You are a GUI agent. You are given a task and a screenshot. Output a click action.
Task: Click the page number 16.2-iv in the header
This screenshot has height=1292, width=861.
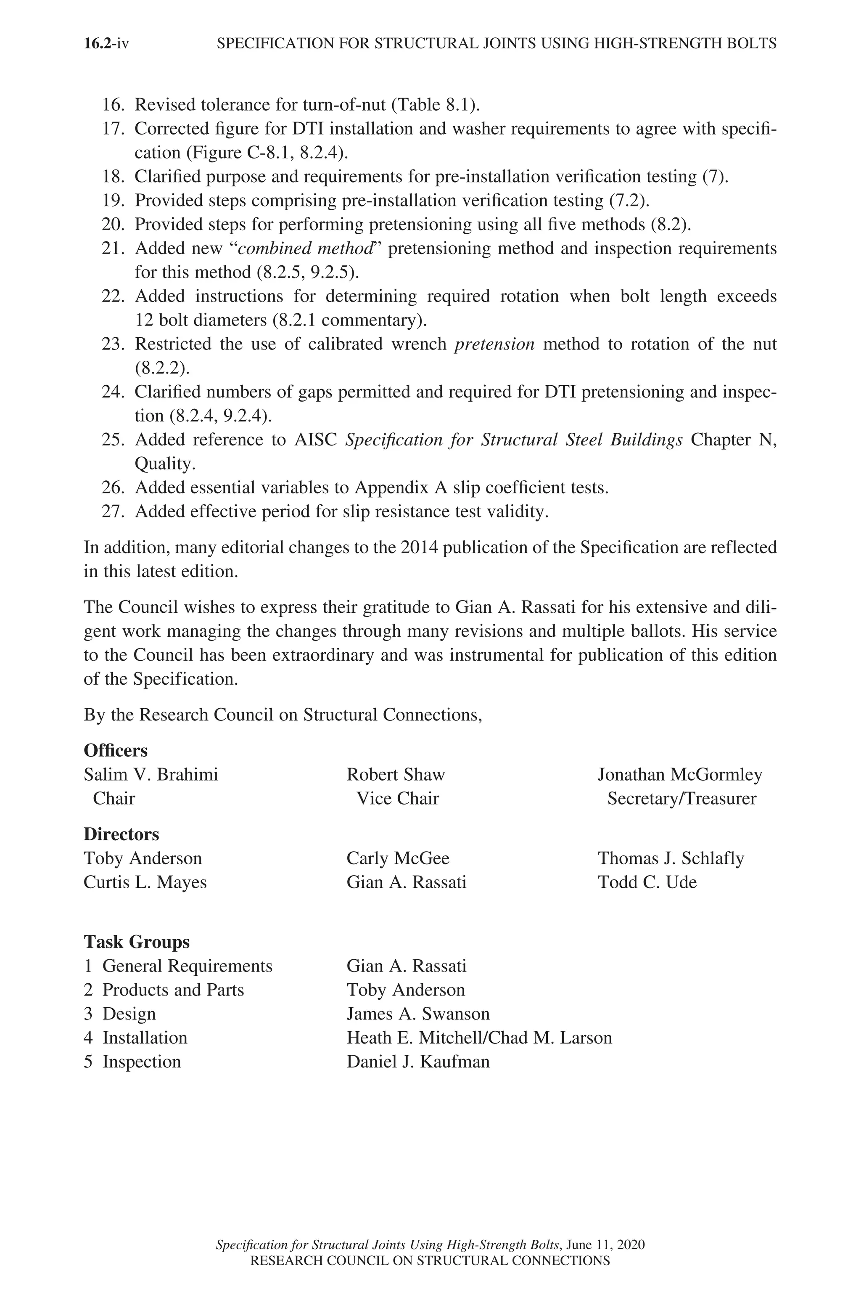(106, 43)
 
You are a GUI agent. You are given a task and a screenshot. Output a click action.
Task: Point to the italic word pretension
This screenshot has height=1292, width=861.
(494, 344)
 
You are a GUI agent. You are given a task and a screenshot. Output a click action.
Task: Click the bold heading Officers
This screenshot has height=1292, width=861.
(115, 750)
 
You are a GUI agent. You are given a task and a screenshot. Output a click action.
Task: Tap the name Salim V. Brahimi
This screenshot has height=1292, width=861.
(151, 775)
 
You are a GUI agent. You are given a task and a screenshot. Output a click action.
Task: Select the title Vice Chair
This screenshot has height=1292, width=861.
(398, 798)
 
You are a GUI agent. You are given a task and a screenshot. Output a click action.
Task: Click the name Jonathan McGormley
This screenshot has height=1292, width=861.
(680, 775)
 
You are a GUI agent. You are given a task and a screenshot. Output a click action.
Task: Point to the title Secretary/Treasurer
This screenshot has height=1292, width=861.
(681, 798)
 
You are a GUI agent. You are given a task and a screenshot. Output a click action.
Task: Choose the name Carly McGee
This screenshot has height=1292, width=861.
(398, 858)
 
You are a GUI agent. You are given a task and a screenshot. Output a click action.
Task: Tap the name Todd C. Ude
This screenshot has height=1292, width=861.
(647, 882)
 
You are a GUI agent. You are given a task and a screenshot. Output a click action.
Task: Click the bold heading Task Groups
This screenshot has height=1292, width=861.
(137, 942)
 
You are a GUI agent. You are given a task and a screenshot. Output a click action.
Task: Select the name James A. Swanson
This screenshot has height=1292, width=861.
(418, 1014)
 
